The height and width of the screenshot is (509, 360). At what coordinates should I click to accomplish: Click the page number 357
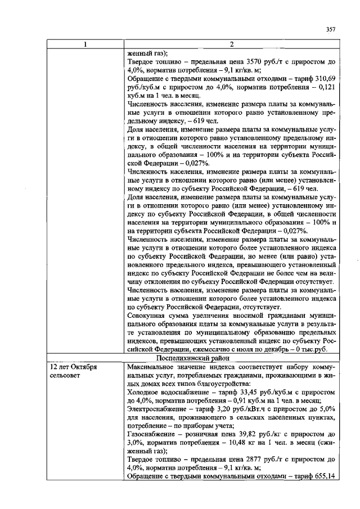point(331,30)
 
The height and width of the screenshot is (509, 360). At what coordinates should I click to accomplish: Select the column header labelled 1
point(85,44)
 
